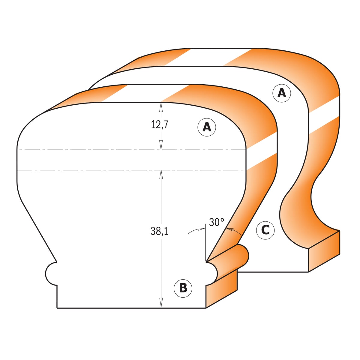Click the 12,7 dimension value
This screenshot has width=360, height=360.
(160, 124)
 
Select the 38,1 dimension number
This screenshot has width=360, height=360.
(159, 231)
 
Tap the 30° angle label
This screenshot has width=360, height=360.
(217, 222)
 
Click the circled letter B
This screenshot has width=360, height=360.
(183, 288)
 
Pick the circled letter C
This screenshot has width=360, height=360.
(265, 230)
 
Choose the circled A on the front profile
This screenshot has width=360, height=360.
(207, 127)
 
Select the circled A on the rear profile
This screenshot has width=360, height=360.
(282, 93)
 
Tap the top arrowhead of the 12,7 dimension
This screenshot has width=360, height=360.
(160, 107)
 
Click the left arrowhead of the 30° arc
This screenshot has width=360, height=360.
(201, 229)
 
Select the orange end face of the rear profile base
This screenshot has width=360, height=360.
(324, 251)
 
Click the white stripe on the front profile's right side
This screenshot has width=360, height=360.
(262, 151)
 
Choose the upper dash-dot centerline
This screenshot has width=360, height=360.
(131, 149)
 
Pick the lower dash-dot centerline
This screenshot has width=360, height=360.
(130, 171)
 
